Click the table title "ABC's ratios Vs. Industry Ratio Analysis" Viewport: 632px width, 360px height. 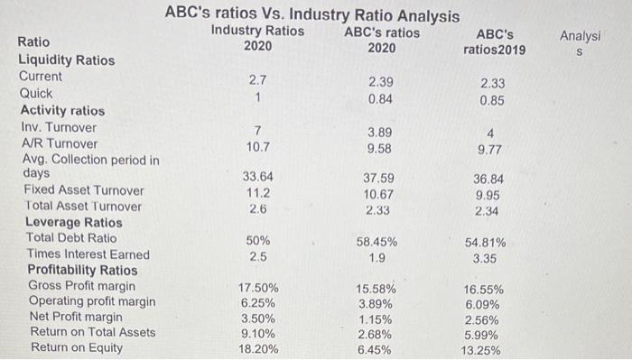click(311, 15)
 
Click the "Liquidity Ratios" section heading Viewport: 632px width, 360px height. click(67, 60)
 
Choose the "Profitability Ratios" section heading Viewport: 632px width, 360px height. click(82, 271)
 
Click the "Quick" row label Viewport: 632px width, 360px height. click(36, 93)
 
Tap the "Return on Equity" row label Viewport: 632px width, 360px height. click(73, 348)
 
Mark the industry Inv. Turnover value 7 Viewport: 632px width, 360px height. click(257, 131)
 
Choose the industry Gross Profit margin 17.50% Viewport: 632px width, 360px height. click(257, 290)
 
